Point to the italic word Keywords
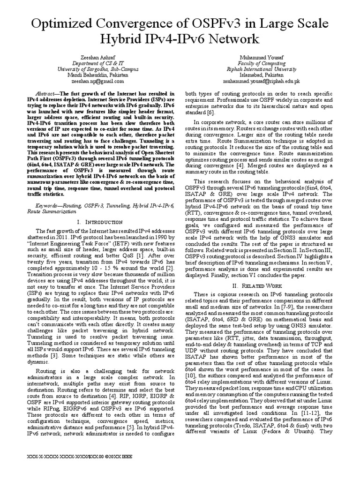point(49,206)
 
